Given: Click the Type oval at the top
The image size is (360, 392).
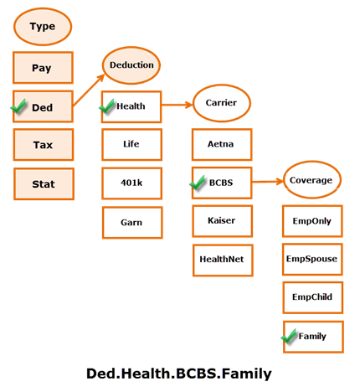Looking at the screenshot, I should click(42, 26).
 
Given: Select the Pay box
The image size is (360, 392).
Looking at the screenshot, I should click(43, 68).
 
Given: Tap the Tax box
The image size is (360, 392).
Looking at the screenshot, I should click(43, 145).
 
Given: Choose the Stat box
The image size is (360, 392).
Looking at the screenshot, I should click(43, 183).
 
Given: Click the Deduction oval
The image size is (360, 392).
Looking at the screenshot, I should click(131, 64).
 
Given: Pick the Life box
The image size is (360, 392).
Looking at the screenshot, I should click(131, 144).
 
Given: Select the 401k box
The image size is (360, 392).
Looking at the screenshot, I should click(131, 183).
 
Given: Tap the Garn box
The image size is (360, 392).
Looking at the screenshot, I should click(131, 222).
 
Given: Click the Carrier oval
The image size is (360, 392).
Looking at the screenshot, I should click(222, 103).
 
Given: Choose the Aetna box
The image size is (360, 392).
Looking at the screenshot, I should click(221, 144).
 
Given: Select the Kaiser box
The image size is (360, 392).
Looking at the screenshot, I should click(221, 221).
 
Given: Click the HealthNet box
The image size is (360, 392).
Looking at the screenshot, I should click(221, 260).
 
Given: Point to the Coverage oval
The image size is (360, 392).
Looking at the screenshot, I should click(311, 180).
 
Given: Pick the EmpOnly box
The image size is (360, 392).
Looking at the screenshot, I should click(311, 221).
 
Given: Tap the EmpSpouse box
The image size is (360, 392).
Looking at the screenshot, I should click(311, 259).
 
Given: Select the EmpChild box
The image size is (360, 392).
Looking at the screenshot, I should click(311, 297).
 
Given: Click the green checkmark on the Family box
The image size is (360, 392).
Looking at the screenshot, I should click(290, 336).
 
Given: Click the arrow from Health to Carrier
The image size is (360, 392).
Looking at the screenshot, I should click(175, 105).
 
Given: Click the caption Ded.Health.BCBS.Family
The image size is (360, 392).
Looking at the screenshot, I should click(179, 374).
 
